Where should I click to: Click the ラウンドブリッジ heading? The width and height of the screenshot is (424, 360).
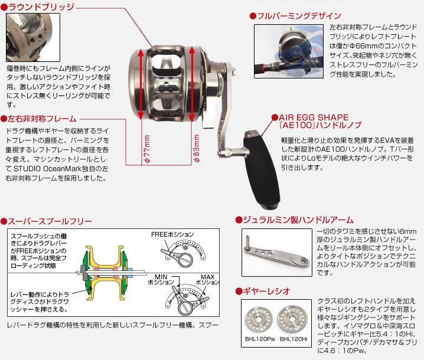click(x=41, y=7)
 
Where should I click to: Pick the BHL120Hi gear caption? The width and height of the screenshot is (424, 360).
click(x=293, y=339)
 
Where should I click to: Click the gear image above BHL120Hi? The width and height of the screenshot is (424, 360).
click(x=294, y=319)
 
